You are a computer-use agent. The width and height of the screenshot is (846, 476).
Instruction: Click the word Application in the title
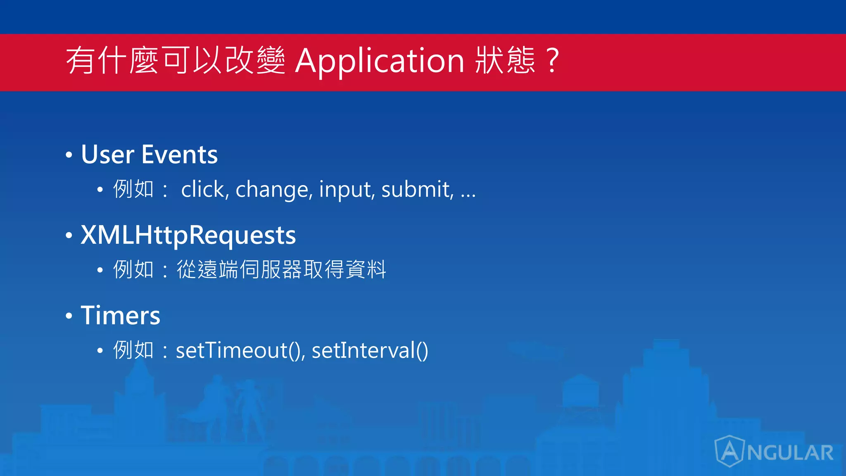pyautogui.click(x=380, y=61)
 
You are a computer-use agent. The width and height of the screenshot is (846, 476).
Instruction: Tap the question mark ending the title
pyautogui.click(x=552, y=60)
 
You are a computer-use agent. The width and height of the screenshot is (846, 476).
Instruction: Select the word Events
pyautogui.click(x=179, y=155)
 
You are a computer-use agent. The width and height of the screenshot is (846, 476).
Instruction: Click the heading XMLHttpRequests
pyautogui.click(x=188, y=235)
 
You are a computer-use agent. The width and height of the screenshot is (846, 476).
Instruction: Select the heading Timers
pyautogui.click(x=120, y=316)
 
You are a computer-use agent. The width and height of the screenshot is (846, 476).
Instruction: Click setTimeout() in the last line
pyautogui.click(x=240, y=350)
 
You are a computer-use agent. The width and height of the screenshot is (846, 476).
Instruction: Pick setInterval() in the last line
pyautogui.click(x=370, y=350)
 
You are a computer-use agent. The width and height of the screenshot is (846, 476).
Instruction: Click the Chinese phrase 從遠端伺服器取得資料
pyautogui.click(x=281, y=269)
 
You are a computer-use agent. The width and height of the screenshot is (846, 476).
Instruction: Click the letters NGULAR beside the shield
pyautogui.click(x=790, y=453)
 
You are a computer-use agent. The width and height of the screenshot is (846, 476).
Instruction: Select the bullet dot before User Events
pyautogui.click(x=69, y=155)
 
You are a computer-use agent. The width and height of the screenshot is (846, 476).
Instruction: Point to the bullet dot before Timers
pyautogui.click(x=69, y=316)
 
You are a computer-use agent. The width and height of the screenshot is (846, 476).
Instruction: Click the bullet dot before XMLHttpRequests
pyautogui.click(x=69, y=236)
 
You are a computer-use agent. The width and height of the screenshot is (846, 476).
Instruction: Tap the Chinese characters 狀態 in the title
pyautogui.click(x=505, y=60)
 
